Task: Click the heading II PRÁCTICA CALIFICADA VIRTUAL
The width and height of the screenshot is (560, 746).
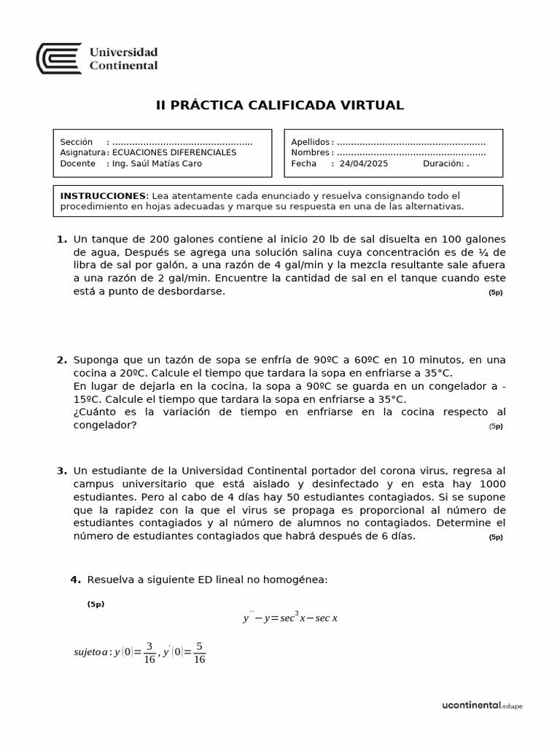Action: tap(280, 106)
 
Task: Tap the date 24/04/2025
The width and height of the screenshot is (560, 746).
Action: tap(364, 164)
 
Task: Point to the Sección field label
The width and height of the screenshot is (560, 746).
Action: tap(77, 142)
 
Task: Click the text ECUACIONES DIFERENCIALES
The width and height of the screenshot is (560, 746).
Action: tap(174, 153)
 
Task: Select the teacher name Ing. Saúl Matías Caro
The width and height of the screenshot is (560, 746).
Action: tap(157, 164)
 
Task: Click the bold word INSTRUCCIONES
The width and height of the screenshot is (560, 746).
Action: tap(103, 196)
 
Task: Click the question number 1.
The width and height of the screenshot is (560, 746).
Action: tap(61, 240)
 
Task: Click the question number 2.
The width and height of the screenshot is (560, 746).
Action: tap(61, 360)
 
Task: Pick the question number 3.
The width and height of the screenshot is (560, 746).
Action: tap(61, 471)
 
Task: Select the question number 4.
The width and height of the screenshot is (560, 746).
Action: tap(74, 580)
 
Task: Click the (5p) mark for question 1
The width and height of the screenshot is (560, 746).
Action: tap(495, 293)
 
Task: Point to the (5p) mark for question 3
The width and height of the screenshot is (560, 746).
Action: tap(495, 538)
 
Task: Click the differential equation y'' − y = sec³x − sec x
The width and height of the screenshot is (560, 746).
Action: tap(290, 617)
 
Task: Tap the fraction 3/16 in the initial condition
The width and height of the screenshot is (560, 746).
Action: tap(149, 652)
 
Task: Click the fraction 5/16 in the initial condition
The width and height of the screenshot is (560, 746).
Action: tap(200, 652)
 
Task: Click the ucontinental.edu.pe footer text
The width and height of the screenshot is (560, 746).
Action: tap(482, 706)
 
